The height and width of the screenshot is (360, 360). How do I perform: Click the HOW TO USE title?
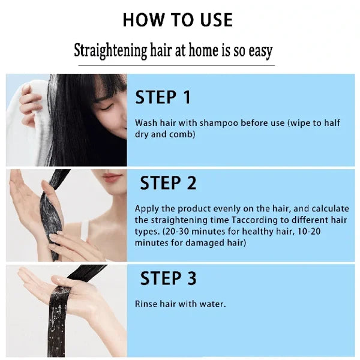pyautogui.click(x=178, y=20)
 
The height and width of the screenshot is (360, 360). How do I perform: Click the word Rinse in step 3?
pyautogui.click(x=146, y=304)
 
